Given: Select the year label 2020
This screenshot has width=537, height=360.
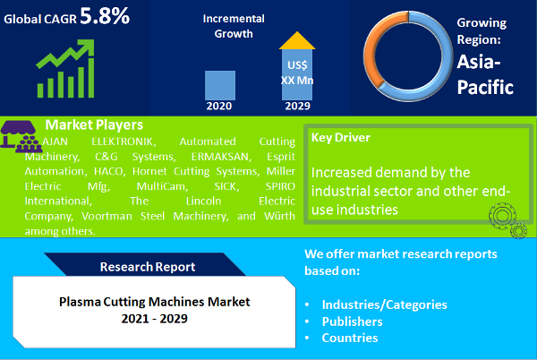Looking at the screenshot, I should pos(220,105).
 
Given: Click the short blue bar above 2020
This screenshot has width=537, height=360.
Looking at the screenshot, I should pos(220,83).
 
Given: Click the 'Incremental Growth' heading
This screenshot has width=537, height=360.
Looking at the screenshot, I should pos(233,27).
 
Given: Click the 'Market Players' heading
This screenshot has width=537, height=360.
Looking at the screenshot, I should pos(93,124).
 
